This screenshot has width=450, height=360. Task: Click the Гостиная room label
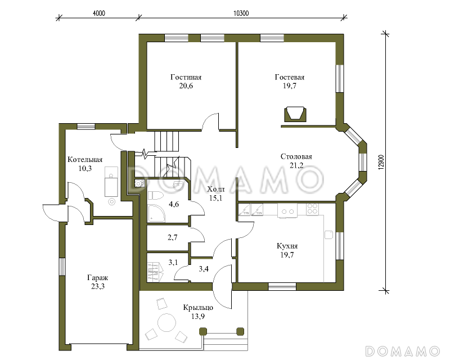[186, 77]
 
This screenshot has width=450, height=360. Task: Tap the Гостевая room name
[290, 77]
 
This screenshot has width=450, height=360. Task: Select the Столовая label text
[296, 157]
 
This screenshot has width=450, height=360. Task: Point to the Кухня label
[287, 246]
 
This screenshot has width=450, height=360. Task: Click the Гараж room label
[97, 278]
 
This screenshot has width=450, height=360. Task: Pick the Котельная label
[85, 160]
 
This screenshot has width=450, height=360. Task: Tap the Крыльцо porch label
[198, 308]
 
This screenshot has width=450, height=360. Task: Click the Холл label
[216, 189]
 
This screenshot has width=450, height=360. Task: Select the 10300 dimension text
[241, 13]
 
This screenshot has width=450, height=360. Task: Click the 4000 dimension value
[99, 13]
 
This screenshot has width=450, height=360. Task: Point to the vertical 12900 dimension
[381, 163]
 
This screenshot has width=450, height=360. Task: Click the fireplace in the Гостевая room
[295, 114]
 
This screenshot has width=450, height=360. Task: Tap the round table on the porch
[166, 323]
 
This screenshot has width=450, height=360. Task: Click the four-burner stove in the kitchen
[312, 209]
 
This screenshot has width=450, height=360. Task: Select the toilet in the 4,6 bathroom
[155, 196]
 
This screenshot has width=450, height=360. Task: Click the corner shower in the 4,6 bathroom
[156, 213]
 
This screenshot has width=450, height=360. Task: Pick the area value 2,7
[173, 237]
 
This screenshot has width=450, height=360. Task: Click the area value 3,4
[204, 269]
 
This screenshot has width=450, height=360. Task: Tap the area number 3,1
[173, 262]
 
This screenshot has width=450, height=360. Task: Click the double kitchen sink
[287, 211]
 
